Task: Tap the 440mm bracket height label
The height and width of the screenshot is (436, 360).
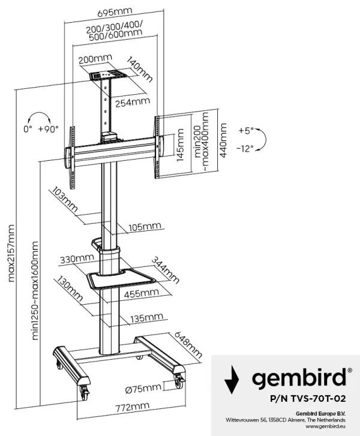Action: coord(224,140)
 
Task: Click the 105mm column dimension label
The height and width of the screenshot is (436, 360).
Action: coord(145,226)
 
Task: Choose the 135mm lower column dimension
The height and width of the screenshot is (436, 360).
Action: coord(146,317)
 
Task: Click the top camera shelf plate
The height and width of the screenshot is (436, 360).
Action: coord(107,76)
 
